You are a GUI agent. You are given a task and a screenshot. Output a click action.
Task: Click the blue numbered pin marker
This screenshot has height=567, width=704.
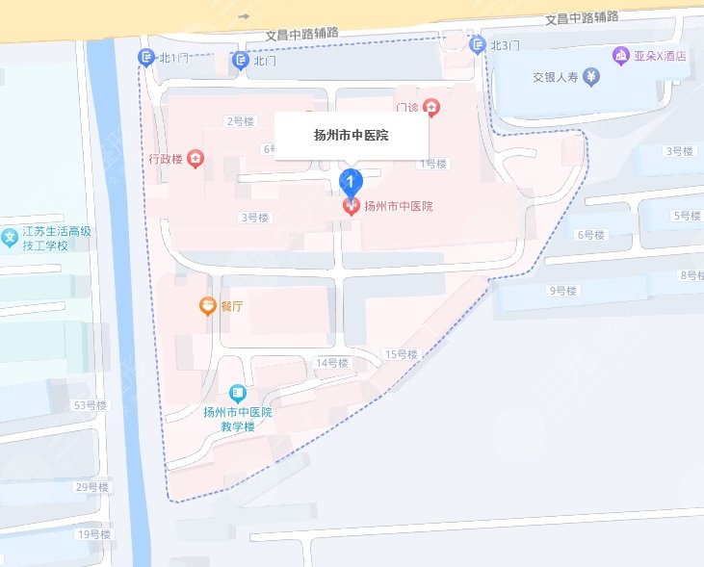(x=352, y=180)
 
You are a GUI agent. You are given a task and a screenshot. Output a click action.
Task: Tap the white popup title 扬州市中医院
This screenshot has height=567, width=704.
(x=352, y=136)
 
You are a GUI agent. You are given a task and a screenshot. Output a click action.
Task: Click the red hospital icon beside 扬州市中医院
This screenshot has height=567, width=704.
(x=352, y=206)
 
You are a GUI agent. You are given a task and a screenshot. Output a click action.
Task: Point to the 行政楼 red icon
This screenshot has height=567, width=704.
(x=196, y=159)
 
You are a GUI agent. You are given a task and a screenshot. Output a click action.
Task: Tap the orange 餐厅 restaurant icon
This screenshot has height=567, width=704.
(x=207, y=306)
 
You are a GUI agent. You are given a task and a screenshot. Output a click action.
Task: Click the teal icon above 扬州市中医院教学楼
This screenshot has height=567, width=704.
(x=237, y=394)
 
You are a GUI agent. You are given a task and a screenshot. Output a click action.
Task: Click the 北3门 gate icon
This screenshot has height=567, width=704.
(x=477, y=44)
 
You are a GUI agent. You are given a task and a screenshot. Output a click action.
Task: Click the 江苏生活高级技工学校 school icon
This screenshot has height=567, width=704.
(x=10, y=237)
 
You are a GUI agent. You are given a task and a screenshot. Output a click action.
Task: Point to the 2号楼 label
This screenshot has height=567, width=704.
(x=239, y=121)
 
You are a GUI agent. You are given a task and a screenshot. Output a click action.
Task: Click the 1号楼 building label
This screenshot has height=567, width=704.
(x=432, y=164)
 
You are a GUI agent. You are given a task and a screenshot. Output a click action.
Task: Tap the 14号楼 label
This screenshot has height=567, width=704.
(x=331, y=363)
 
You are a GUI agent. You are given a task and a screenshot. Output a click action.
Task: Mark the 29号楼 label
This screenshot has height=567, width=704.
(x=91, y=487)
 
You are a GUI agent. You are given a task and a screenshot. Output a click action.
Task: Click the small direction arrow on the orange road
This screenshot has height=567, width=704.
(x=244, y=16)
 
